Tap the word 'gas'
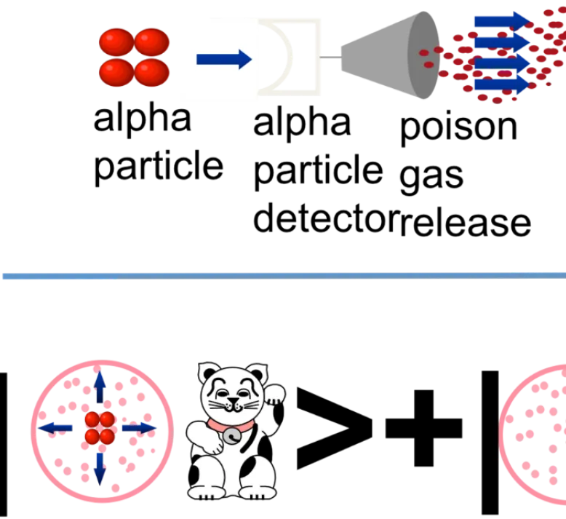tap(431, 177)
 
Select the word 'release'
tap(466, 223)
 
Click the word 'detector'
tap(326, 218)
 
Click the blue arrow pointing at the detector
tap(224, 59)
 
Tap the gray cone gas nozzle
tap(391, 55)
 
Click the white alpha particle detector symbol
tap(289, 57)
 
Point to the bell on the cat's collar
tap(232, 435)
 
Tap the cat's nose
tap(233, 400)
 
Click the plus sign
tap(424, 428)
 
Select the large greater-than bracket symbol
tap(334, 428)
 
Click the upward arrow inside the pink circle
tap(100, 387)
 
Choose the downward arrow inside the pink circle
tap(100, 470)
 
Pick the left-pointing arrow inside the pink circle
tap(55, 428)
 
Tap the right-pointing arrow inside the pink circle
tap(139, 428)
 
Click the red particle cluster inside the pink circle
tap(100, 428)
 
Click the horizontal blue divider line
tap(284, 276)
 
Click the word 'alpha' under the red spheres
tap(142, 119)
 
